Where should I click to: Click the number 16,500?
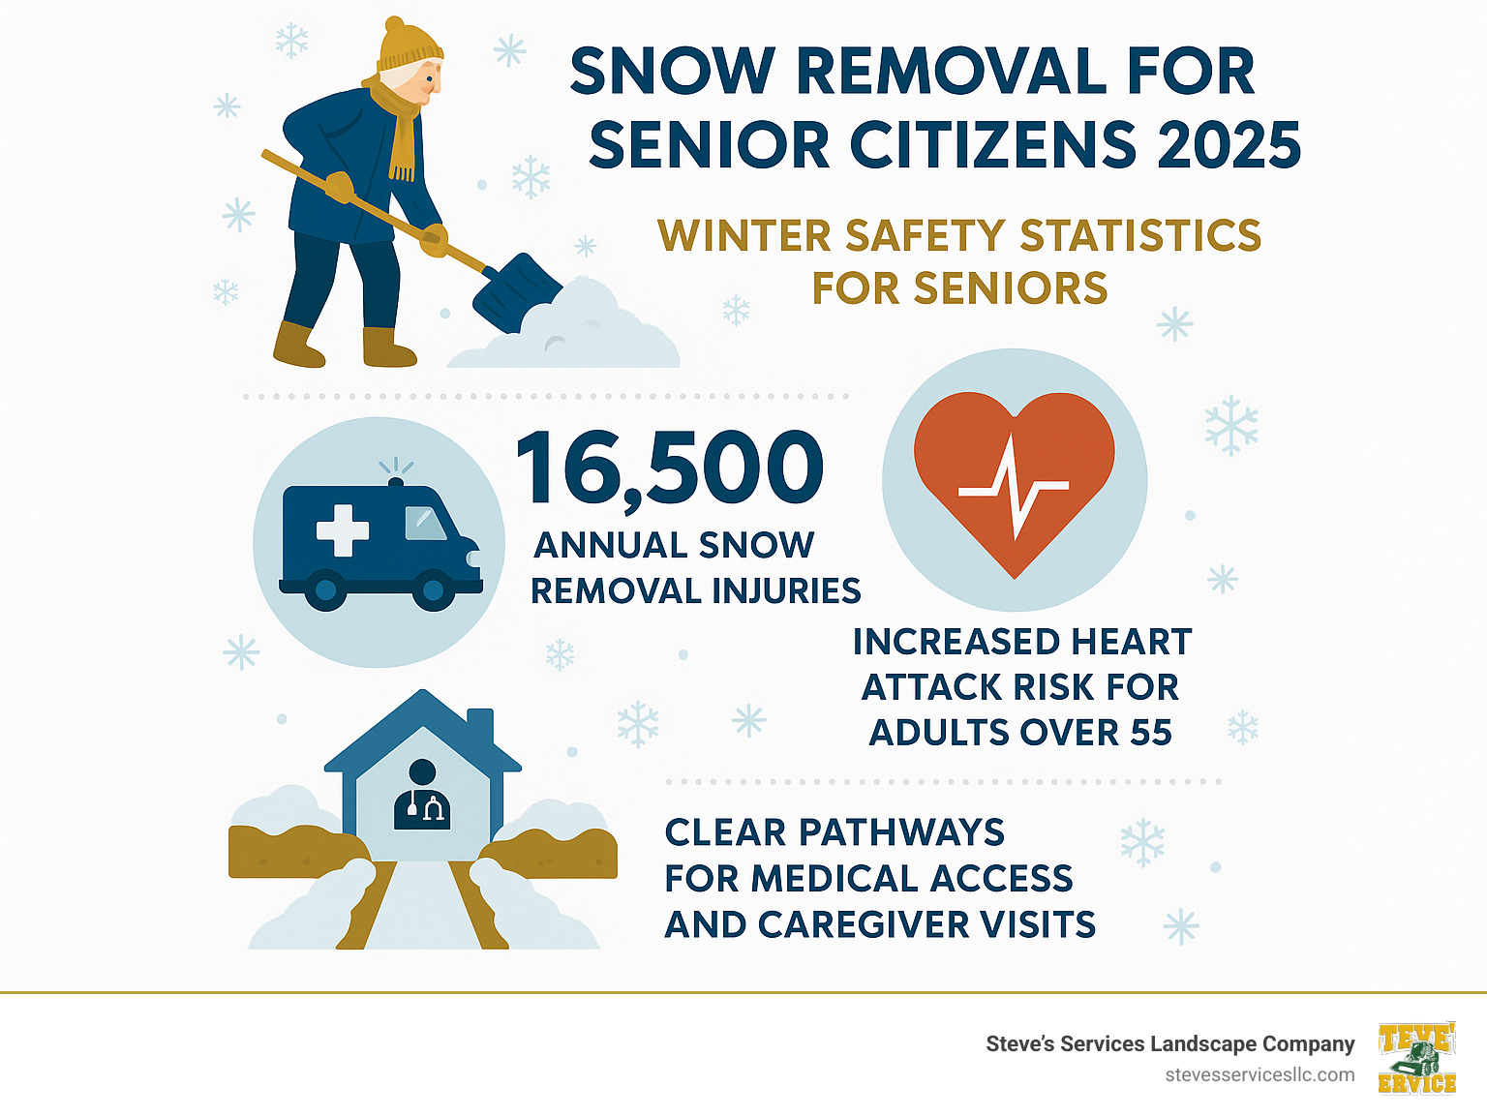click(x=669, y=468)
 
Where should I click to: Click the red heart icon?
click(x=1014, y=475)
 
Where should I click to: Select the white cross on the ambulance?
click(x=343, y=529)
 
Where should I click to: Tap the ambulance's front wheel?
click(x=433, y=589)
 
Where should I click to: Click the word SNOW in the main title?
click(x=672, y=72)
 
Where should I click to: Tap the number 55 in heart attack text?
click(x=1150, y=733)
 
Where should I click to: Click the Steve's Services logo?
click(x=1416, y=1058)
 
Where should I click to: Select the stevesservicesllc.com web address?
click(x=1259, y=1075)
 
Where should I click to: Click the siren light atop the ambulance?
click(x=395, y=481)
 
